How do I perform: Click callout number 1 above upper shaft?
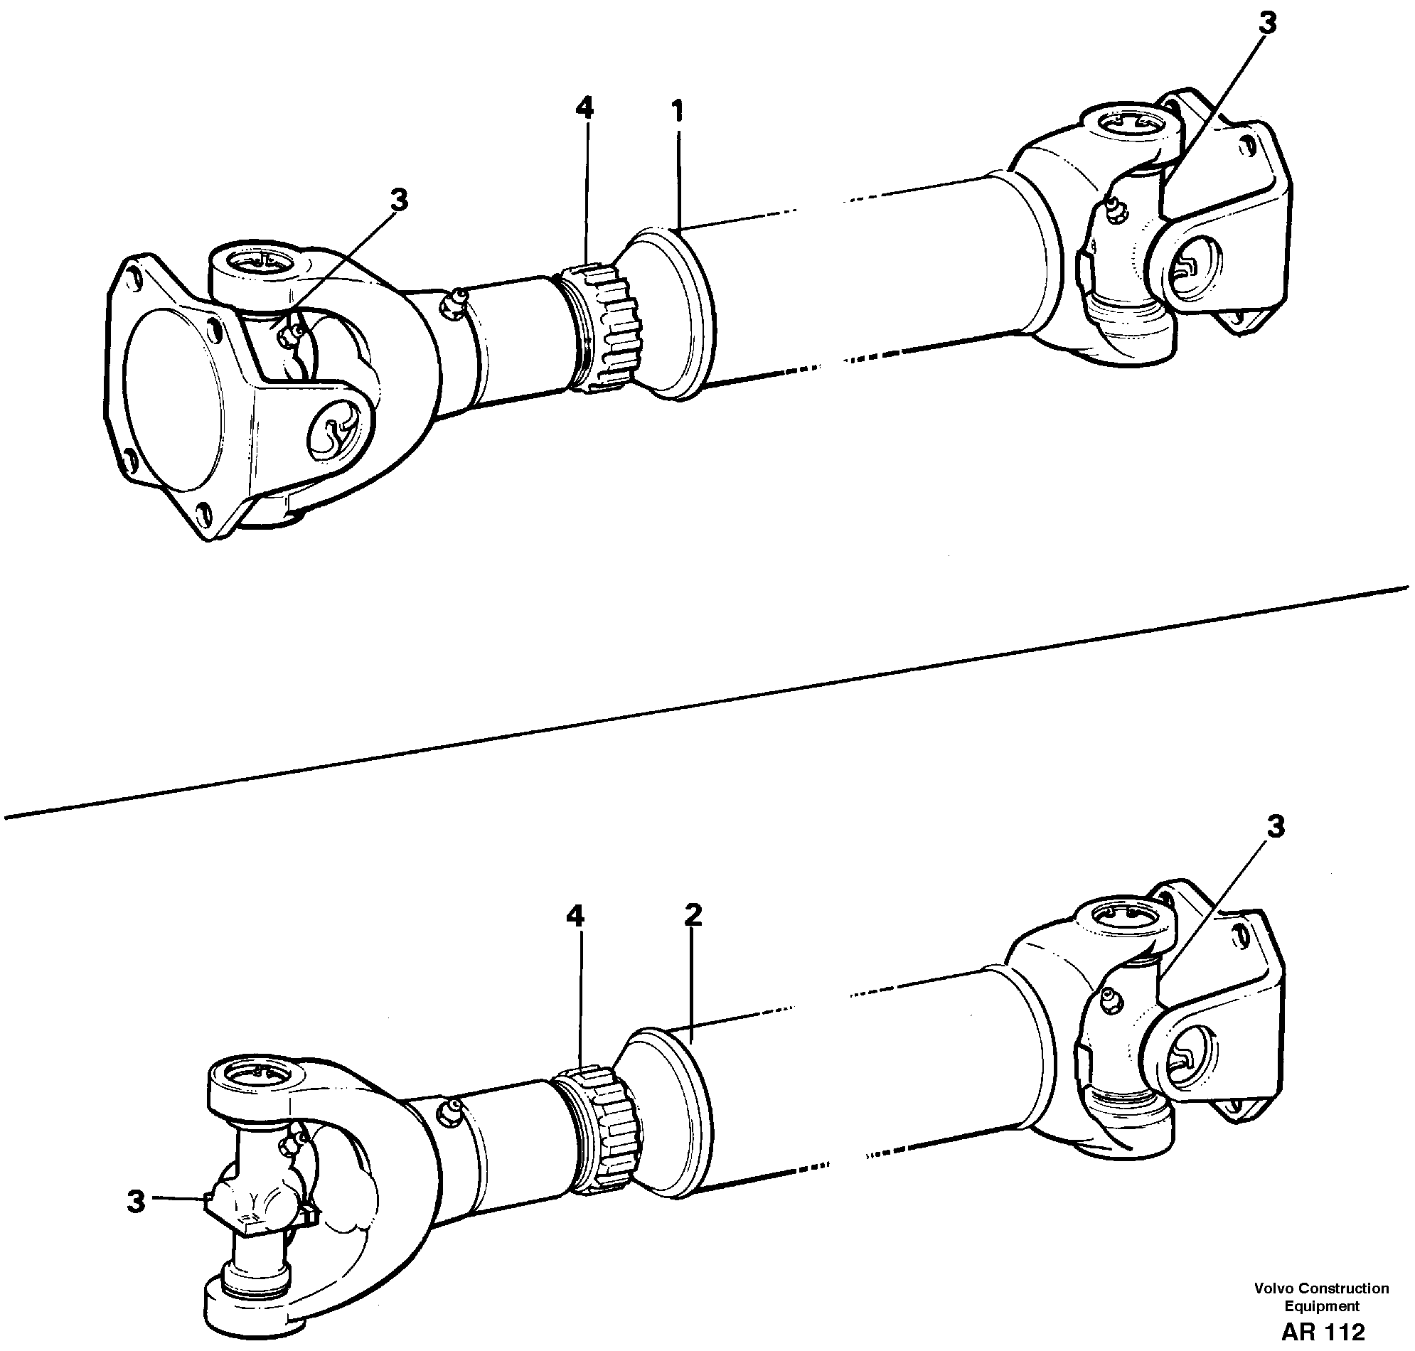point(677,112)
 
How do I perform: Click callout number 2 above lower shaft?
point(692,915)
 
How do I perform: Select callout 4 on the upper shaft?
point(584,109)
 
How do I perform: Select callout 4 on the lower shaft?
point(575,917)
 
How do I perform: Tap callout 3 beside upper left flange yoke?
point(399,201)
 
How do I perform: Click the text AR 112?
point(1322,1331)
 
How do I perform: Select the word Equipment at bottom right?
point(1322,1305)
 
